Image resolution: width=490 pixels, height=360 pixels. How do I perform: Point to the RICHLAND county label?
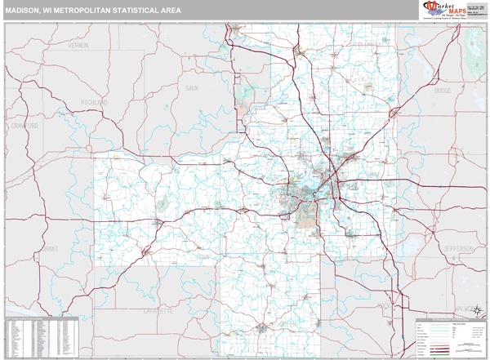94,102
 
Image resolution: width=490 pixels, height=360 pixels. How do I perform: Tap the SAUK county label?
193,87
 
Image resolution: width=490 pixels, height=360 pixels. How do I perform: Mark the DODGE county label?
443,91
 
